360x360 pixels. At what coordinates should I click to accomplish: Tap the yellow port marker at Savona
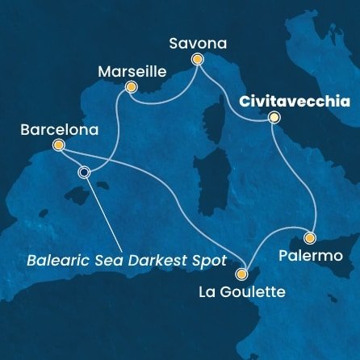tap(196, 58)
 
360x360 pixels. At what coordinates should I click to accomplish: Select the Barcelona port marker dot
tap(57, 145)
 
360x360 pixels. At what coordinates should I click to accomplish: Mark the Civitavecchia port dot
tap(274, 119)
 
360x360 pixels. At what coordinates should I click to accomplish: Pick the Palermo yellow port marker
tap(309, 238)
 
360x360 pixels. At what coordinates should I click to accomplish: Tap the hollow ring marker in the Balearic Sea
tap(84, 171)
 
